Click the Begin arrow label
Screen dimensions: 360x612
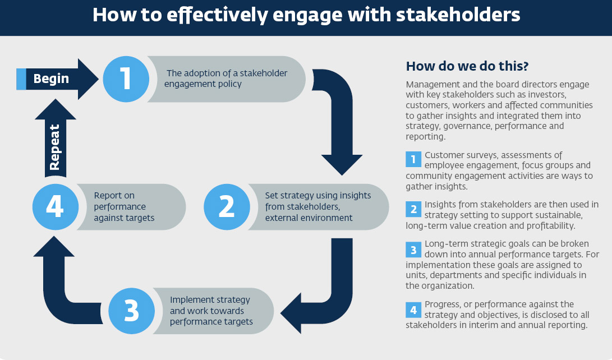click(x=51, y=79)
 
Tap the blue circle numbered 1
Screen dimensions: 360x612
click(x=125, y=79)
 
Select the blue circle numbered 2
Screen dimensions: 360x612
click(x=226, y=206)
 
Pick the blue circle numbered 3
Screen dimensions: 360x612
click(x=131, y=311)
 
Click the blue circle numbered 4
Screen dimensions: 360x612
click(x=55, y=206)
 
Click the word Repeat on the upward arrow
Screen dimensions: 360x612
click(x=55, y=147)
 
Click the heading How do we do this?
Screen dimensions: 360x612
click(x=467, y=66)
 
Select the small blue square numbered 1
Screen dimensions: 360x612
click(x=413, y=159)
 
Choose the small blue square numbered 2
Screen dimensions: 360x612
click(x=413, y=209)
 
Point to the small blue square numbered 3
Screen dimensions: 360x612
click(x=413, y=249)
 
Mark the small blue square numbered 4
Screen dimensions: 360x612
click(x=413, y=310)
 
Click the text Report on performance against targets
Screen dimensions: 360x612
click(x=123, y=206)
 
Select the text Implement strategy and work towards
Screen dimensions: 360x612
click(x=210, y=305)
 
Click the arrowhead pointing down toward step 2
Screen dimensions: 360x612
click(x=335, y=163)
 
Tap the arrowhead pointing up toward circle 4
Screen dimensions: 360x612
click(x=54, y=247)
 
